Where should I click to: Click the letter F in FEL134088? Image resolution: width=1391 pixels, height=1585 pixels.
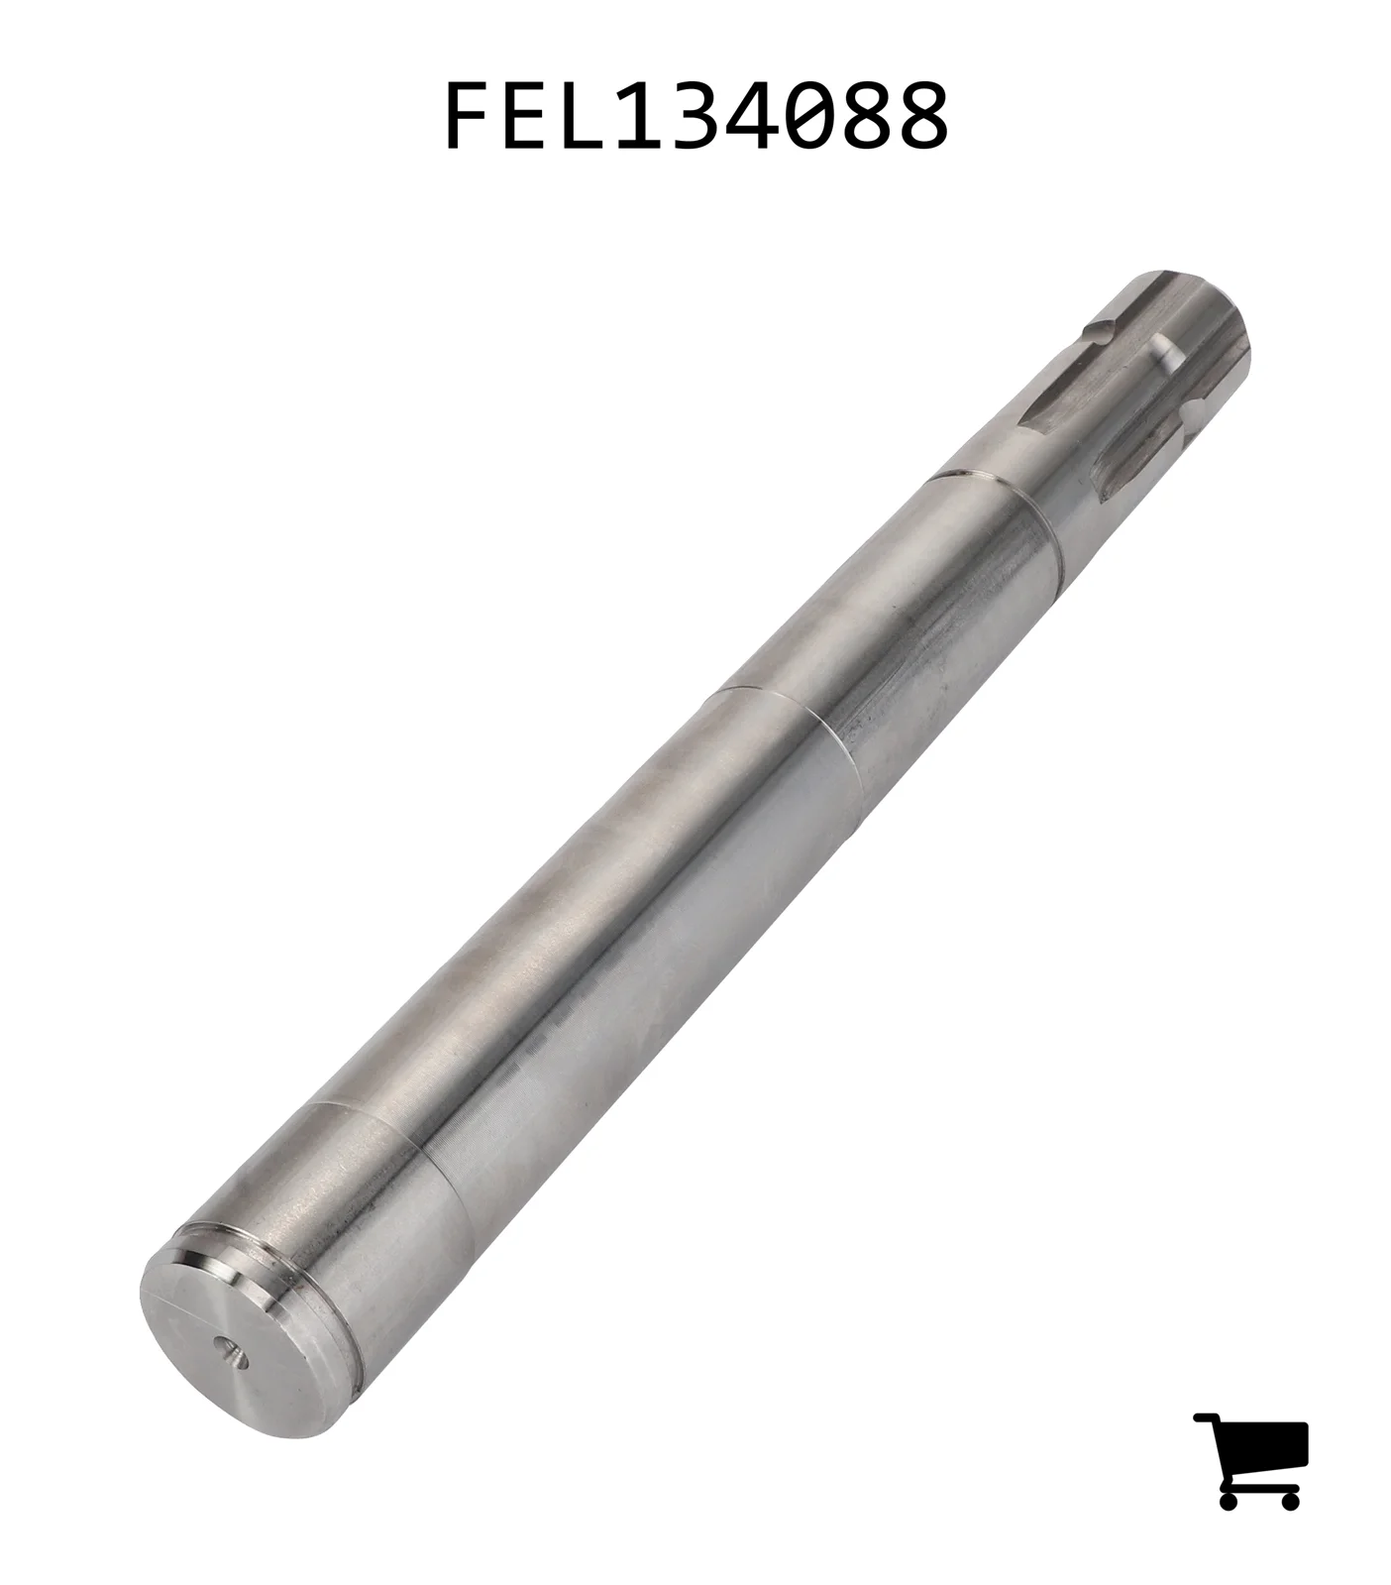(470, 116)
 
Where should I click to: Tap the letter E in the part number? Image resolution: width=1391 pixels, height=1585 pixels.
(531, 116)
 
